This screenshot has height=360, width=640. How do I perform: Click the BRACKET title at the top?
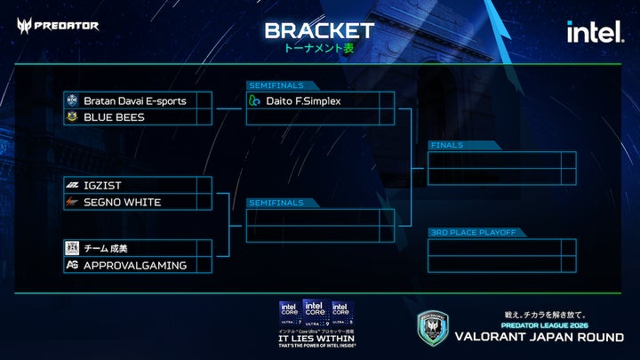[319, 30]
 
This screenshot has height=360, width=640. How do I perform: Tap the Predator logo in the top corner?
[58, 25]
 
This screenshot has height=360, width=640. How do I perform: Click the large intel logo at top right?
[595, 32]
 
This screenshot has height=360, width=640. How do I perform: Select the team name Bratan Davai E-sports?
[134, 100]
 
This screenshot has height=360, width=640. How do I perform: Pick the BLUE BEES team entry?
[114, 117]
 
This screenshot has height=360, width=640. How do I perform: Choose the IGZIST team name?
[102, 185]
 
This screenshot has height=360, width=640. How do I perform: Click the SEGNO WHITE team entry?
[122, 202]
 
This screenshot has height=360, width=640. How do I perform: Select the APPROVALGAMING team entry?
[134, 265]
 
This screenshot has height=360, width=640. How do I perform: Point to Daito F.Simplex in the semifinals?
[303, 100]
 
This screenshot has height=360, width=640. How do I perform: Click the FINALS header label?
[445, 145]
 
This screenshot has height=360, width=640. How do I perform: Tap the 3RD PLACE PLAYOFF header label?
[472, 232]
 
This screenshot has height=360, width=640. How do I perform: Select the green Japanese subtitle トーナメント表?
[319, 48]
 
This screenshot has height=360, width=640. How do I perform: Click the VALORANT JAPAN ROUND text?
[540, 337]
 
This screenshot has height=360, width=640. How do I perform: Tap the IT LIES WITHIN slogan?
[317, 339]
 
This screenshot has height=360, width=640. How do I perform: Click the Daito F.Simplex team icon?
[255, 100]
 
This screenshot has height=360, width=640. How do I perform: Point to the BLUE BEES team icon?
[72, 117]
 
